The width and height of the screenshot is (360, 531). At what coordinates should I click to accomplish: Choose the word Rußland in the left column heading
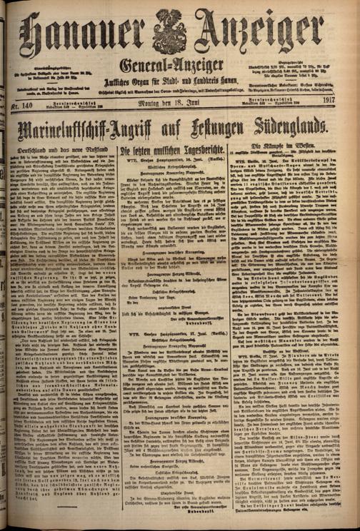(91, 152)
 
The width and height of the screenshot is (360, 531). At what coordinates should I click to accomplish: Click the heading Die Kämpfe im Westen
(299, 152)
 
